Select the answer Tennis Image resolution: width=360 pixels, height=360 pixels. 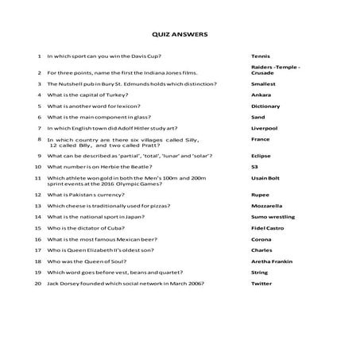coord(261,57)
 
